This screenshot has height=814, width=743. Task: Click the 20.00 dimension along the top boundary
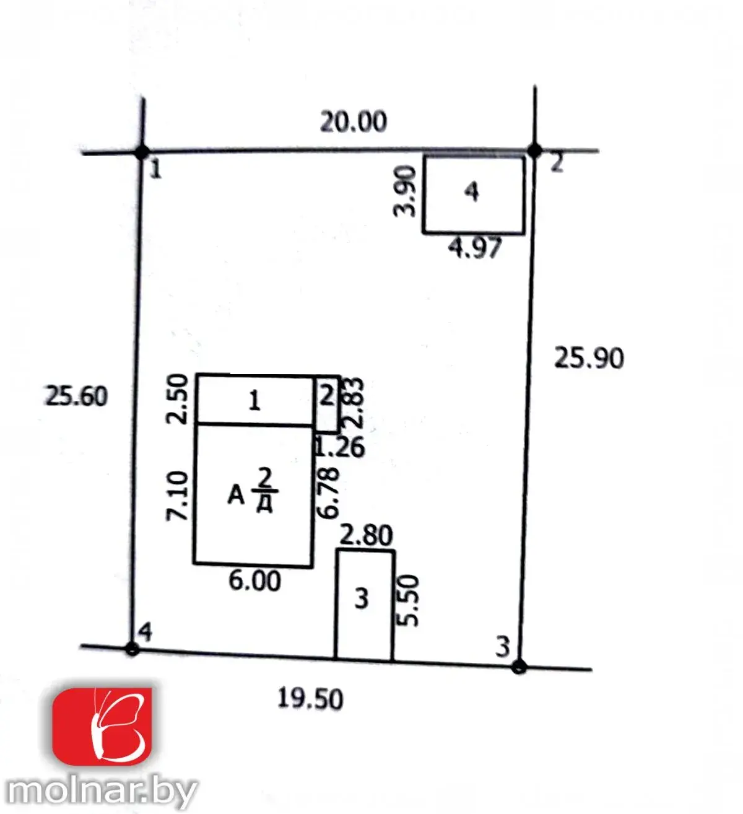pyautogui.click(x=354, y=122)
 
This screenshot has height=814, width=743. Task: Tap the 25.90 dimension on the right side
pyautogui.click(x=589, y=358)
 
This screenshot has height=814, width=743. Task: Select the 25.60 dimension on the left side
pyautogui.click(x=76, y=396)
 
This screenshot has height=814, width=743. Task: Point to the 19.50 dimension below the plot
pyautogui.click(x=310, y=699)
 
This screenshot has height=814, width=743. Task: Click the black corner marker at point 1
pyautogui.click(x=142, y=152)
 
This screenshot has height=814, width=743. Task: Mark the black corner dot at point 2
pyautogui.click(x=535, y=151)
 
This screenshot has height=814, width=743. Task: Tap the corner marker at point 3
pyautogui.click(x=519, y=667)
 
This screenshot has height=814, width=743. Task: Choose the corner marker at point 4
pyautogui.click(x=132, y=649)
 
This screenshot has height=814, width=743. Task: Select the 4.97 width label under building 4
pyautogui.click(x=475, y=248)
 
